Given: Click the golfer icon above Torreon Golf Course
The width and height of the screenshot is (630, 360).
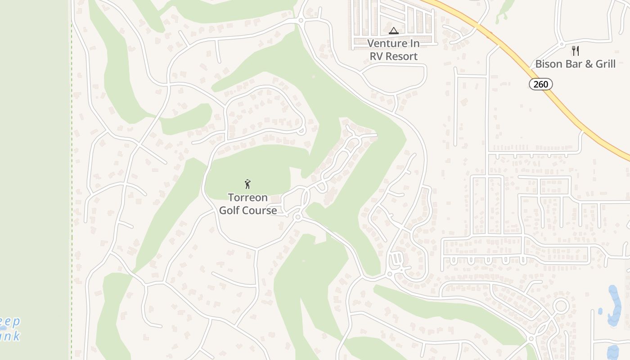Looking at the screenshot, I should click(247, 184).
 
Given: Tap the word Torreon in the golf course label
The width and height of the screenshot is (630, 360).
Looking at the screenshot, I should click(247, 198).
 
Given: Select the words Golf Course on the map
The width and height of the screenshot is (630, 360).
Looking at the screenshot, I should click(247, 210).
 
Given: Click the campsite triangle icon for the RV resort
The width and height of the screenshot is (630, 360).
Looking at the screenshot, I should click(394, 31).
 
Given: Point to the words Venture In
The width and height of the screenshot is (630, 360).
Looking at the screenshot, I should click(394, 44).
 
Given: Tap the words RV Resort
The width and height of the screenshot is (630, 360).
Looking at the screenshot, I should click(394, 56).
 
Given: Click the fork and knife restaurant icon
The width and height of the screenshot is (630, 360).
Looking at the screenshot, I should click(575, 50).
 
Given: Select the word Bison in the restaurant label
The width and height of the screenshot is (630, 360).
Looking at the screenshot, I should click(548, 64).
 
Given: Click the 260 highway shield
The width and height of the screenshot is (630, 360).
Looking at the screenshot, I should click(540, 84).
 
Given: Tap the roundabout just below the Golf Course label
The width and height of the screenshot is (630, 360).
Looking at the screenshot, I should click(297, 217).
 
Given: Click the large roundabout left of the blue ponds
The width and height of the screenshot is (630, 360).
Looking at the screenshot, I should click(561, 306).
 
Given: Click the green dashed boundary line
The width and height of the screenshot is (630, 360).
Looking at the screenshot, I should click(72, 180).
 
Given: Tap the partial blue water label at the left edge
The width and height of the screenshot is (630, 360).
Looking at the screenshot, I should click(10, 328).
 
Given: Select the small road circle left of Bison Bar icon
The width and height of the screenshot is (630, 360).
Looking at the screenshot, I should click(562, 44).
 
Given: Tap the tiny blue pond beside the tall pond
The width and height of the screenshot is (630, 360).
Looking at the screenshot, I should click(600, 311).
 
